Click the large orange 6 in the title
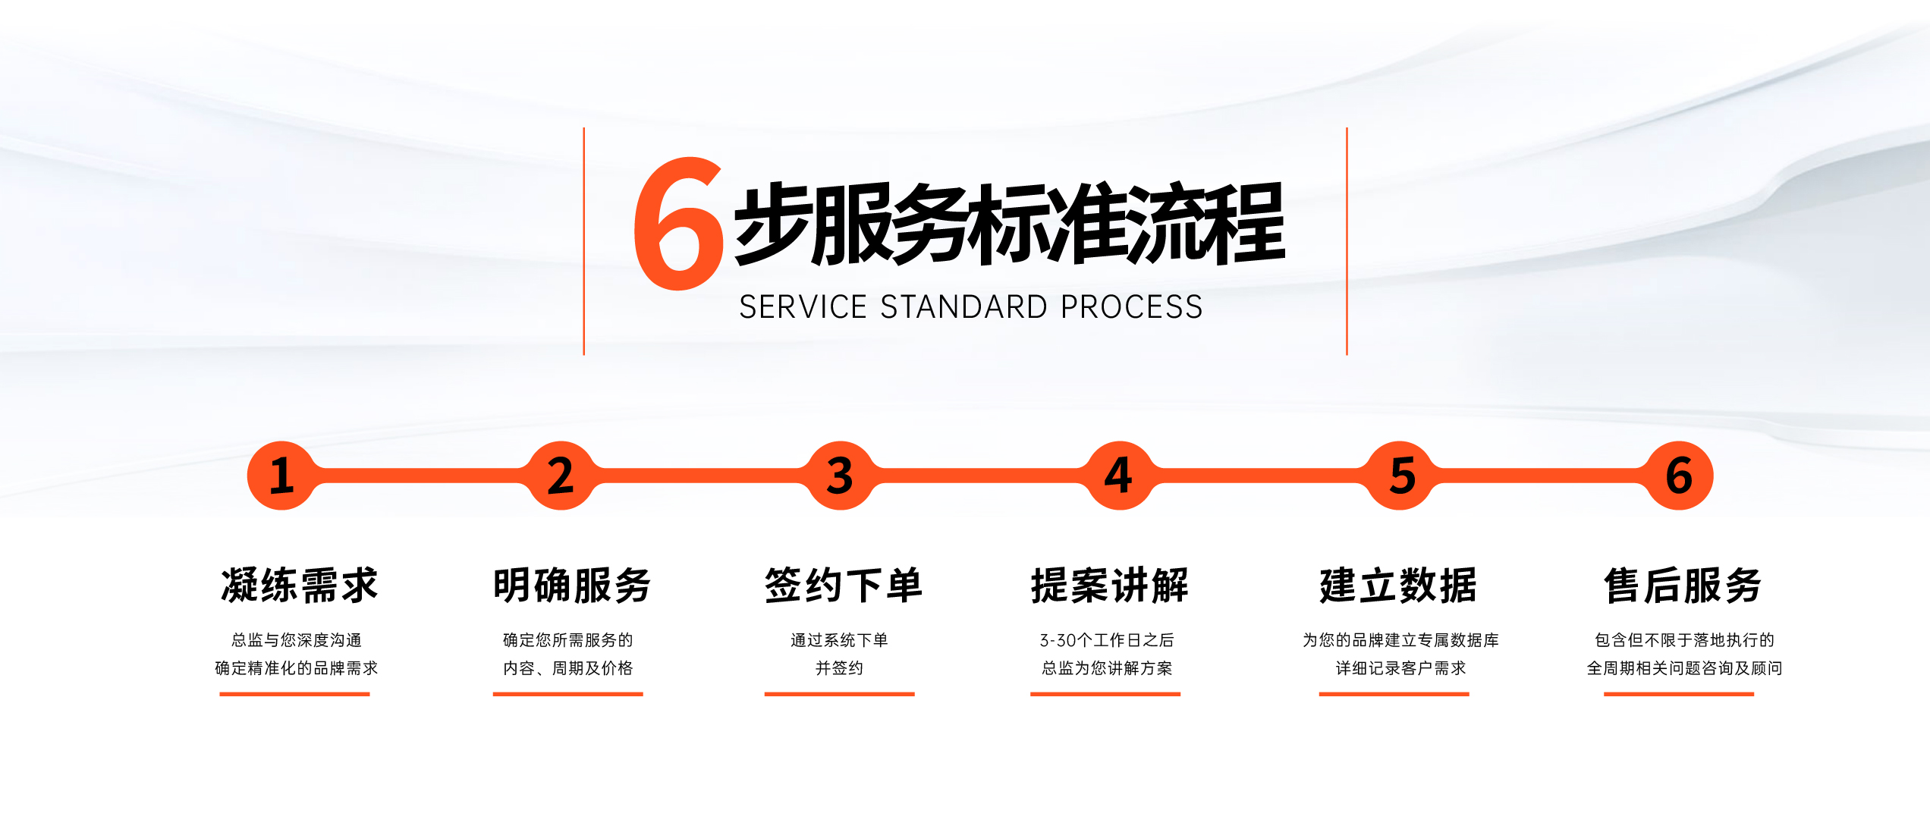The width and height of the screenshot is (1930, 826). (x=678, y=224)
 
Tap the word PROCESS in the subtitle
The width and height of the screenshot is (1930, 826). (x=1132, y=307)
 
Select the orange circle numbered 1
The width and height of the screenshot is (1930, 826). (x=281, y=476)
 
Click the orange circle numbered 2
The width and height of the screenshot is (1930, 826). (x=561, y=476)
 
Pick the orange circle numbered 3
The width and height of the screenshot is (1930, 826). (x=840, y=476)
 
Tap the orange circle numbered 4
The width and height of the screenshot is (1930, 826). (x=1119, y=476)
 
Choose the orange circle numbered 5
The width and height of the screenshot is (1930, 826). (x=1400, y=476)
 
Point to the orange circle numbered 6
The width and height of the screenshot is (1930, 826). (x=1679, y=476)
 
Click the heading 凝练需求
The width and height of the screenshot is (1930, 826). (x=299, y=585)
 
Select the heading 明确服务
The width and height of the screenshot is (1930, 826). (x=572, y=585)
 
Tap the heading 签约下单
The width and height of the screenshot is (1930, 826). (x=843, y=585)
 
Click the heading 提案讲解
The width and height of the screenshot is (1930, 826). (x=1110, y=585)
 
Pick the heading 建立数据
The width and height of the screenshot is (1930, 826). (x=1398, y=585)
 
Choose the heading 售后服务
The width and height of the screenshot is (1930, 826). (x=1683, y=585)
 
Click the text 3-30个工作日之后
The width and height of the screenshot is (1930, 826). (x=1107, y=640)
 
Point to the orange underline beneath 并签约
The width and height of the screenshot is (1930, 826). (x=839, y=694)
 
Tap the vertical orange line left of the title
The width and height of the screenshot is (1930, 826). (x=583, y=241)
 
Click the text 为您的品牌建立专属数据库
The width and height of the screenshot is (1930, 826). (x=1400, y=640)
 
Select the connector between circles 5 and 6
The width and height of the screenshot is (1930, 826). (x=1539, y=476)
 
